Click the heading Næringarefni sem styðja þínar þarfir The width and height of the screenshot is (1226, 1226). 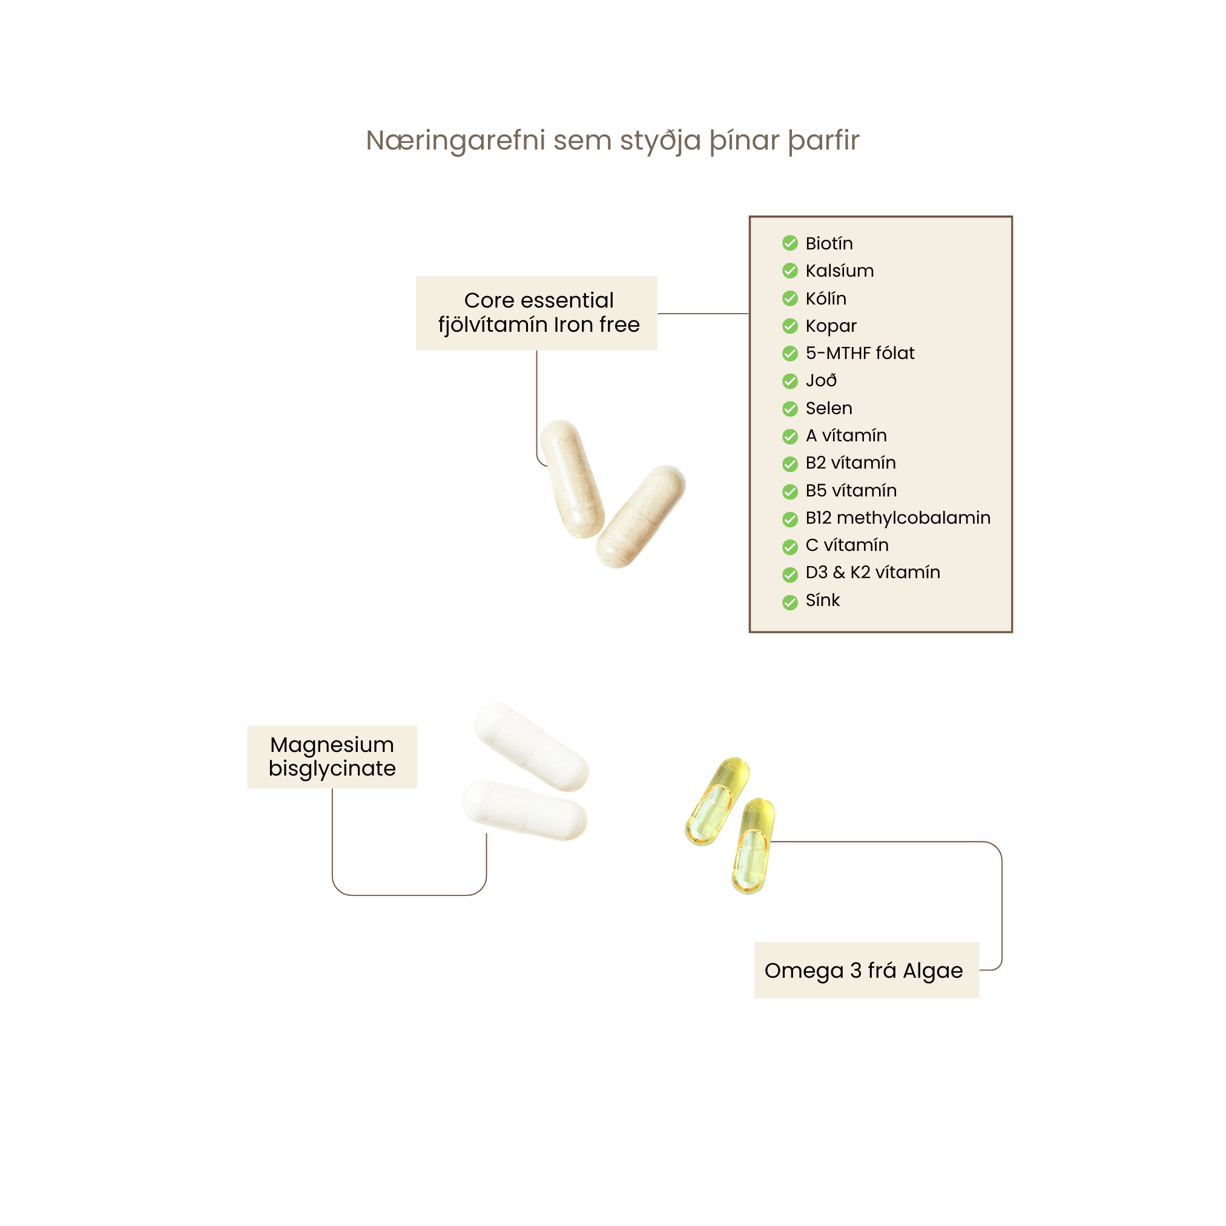612,140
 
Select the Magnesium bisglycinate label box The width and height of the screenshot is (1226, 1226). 332,756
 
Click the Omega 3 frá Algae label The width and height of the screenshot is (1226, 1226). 866,971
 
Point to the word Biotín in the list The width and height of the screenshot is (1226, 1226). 829,243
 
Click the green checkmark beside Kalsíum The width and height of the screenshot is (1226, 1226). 790,271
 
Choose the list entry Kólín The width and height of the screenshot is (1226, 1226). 826,298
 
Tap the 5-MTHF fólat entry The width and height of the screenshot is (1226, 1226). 860,353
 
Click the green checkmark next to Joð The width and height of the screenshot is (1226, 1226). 790,381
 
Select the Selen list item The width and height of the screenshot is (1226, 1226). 829,408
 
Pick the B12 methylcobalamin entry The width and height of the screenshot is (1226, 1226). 897,518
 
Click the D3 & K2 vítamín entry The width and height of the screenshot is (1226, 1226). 872,572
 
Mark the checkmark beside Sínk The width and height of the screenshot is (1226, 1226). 790,602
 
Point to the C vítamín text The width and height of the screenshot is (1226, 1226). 846,545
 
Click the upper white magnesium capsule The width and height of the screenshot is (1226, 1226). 532,747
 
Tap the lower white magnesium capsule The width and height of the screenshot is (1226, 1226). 524,809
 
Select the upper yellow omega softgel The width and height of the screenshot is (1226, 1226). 717,801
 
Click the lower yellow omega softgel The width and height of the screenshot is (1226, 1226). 753,846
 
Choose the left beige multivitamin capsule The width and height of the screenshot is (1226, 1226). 572,478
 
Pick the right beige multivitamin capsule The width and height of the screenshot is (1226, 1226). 641,516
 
